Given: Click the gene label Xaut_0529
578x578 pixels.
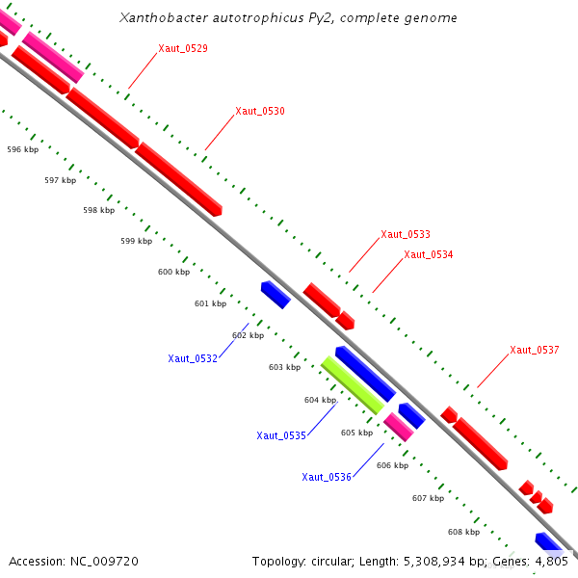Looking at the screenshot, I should tap(183, 48).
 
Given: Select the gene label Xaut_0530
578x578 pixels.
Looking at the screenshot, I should tap(260, 112).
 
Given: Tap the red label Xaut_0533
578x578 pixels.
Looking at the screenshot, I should tap(406, 234).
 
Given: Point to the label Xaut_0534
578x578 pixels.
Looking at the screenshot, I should tap(429, 255).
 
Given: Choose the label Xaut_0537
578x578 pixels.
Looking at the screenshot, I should tap(535, 351).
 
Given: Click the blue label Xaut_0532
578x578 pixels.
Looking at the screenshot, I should tap(193, 358).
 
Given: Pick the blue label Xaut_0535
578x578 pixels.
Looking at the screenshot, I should tap(281, 435).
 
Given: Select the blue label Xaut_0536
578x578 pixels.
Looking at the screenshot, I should tap(327, 477).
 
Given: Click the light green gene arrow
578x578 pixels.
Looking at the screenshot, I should tap(353, 384).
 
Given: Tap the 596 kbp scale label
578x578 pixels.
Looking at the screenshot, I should tap(22, 150).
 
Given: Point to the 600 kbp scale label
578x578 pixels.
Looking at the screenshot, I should tap(173, 273).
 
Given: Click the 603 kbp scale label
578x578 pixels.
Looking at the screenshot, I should tap(284, 367).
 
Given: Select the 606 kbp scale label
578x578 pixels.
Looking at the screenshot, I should tap(392, 465).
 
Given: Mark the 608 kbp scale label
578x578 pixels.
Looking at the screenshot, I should tap(463, 532).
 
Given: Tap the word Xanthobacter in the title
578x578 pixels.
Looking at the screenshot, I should tap(156, 18).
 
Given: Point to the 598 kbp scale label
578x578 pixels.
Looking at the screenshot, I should tap(98, 210).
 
